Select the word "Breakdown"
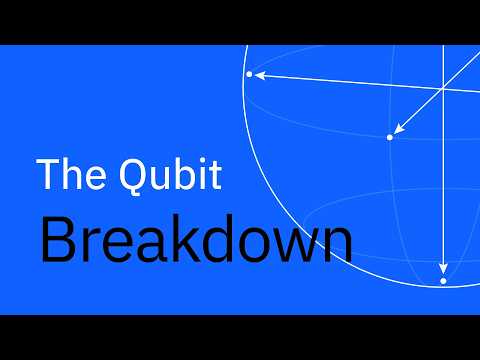coord(196,241)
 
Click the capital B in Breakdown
coord(58,241)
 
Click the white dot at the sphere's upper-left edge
coord(249,74)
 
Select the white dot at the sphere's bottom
coord(443,281)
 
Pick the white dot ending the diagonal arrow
coord(390,137)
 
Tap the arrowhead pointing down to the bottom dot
coord(443,268)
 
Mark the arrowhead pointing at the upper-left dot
coord(260,75)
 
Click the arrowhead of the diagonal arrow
coord(399,129)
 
